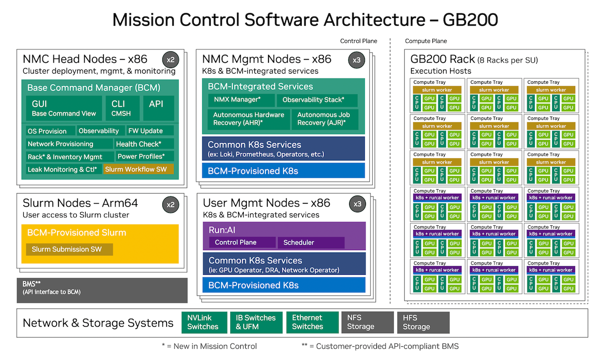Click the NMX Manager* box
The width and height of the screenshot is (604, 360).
click(241, 100)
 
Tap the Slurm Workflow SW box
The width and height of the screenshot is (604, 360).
click(138, 169)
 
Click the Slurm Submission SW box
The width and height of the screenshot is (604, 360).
click(70, 250)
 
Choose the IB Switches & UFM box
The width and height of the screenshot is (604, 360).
click(255, 322)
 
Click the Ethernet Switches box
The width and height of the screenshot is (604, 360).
click(312, 322)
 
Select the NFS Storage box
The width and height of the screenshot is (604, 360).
click(367, 322)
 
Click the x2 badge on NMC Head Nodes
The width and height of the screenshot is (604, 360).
click(171, 59)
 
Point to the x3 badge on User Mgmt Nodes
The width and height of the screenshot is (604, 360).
click(356, 204)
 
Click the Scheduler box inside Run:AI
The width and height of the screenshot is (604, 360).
click(311, 243)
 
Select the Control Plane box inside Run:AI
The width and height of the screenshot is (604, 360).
click(241, 243)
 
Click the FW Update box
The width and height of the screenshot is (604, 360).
click(149, 131)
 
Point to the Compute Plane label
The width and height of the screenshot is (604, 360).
click(426, 41)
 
